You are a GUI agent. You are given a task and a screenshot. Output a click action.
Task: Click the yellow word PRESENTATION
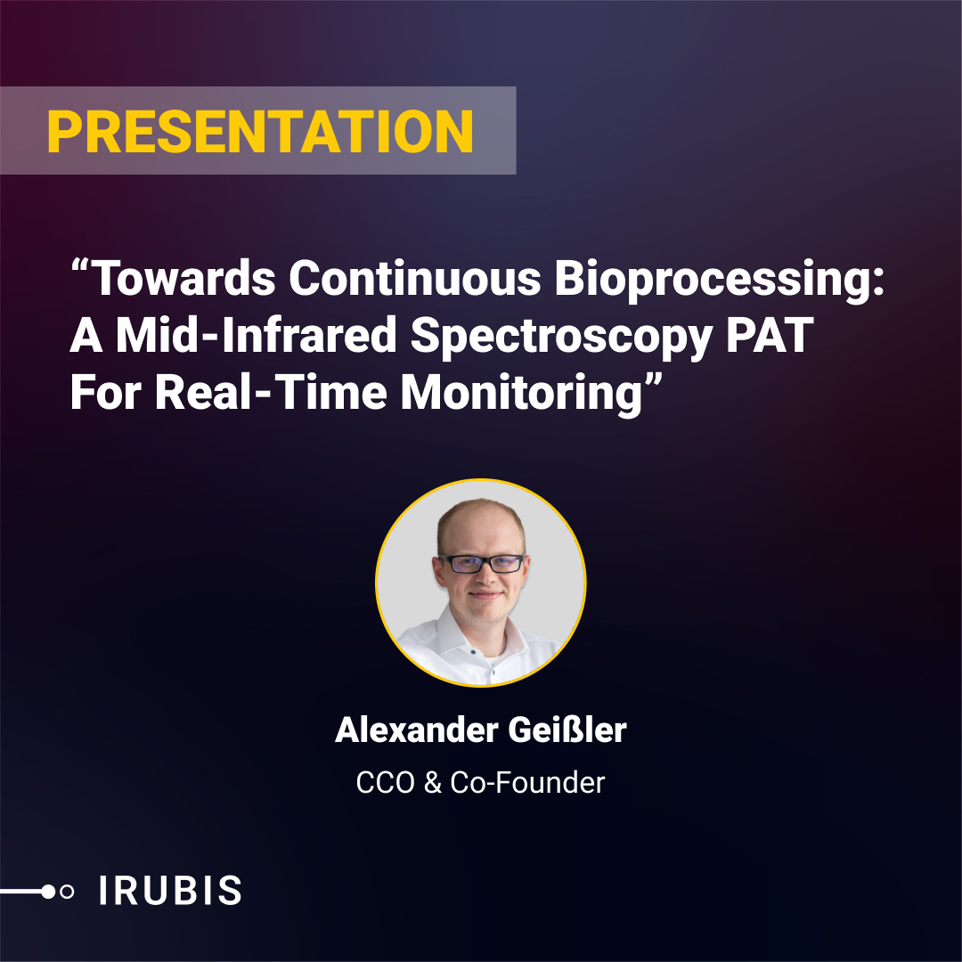(259, 131)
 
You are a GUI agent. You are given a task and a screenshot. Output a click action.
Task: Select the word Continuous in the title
(415, 279)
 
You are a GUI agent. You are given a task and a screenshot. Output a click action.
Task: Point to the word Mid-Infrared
(257, 336)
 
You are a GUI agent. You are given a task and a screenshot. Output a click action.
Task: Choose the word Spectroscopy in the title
(561, 338)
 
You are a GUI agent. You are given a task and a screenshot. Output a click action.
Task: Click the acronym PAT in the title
(770, 336)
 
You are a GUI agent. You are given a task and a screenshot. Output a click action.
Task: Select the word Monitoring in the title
(521, 395)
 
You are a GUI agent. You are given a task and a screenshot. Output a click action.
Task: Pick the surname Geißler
(567, 730)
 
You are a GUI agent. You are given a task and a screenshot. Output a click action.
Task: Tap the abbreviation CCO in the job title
(386, 783)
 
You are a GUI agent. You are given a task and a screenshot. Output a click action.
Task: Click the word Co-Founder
(527, 783)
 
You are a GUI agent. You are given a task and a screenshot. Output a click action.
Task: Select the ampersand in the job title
(433, 783)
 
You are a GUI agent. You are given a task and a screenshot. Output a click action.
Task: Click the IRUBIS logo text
(170, 891)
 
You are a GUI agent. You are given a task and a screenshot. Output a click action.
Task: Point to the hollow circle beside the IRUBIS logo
(67, 892)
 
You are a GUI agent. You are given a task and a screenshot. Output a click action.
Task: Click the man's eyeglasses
(482, 563)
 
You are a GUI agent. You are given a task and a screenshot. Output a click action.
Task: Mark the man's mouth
(484, 594)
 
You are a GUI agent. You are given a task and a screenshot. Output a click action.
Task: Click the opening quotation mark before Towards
(81, 266)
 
